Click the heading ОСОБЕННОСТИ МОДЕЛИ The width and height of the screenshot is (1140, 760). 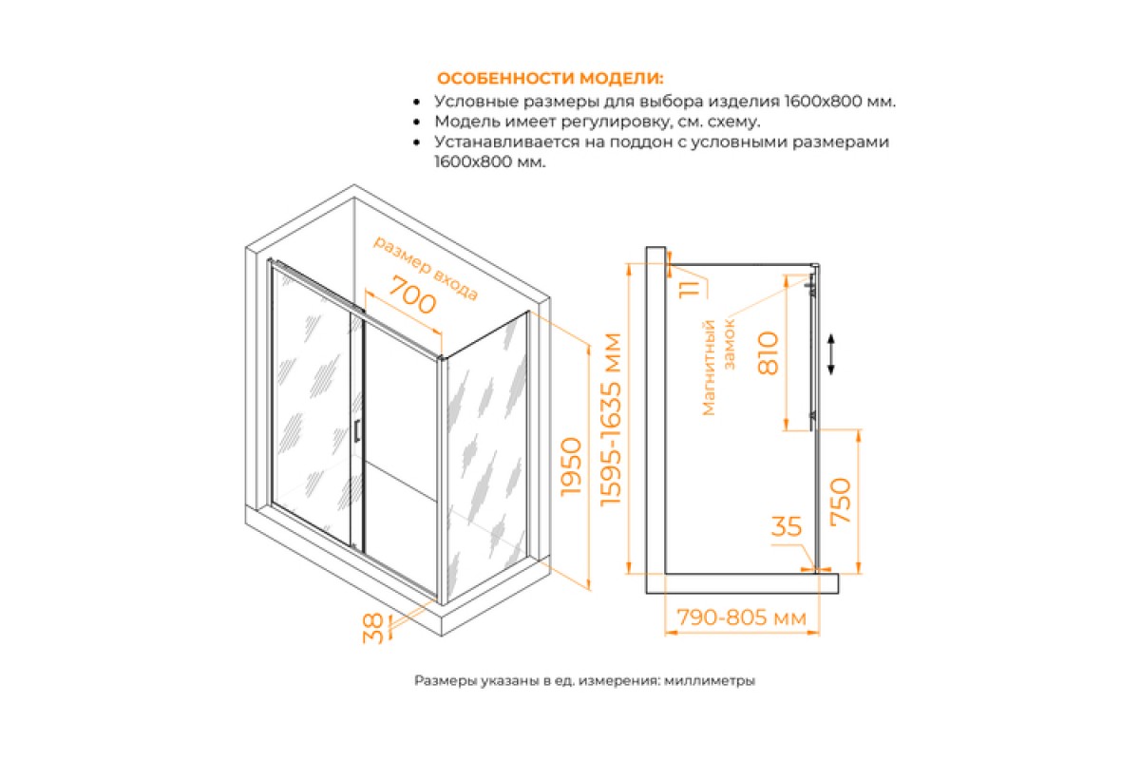550,79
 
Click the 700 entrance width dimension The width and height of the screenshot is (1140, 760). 412,302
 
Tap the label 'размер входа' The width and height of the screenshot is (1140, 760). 426,268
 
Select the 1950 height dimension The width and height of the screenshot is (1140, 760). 571,465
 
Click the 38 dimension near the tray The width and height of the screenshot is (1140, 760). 373,628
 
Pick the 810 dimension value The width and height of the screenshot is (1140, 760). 768,353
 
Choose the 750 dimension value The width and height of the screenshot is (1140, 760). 840,501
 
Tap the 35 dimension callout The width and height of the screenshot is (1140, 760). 787,526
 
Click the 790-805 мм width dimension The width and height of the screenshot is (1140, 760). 742,617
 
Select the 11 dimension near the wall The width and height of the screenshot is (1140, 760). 690,289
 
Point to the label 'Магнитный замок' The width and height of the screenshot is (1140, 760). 718,367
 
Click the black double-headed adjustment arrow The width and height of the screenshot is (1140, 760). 830,354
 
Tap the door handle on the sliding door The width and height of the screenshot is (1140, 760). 357,430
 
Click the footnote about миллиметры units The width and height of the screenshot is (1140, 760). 585,680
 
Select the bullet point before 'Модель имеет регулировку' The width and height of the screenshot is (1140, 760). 417,123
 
